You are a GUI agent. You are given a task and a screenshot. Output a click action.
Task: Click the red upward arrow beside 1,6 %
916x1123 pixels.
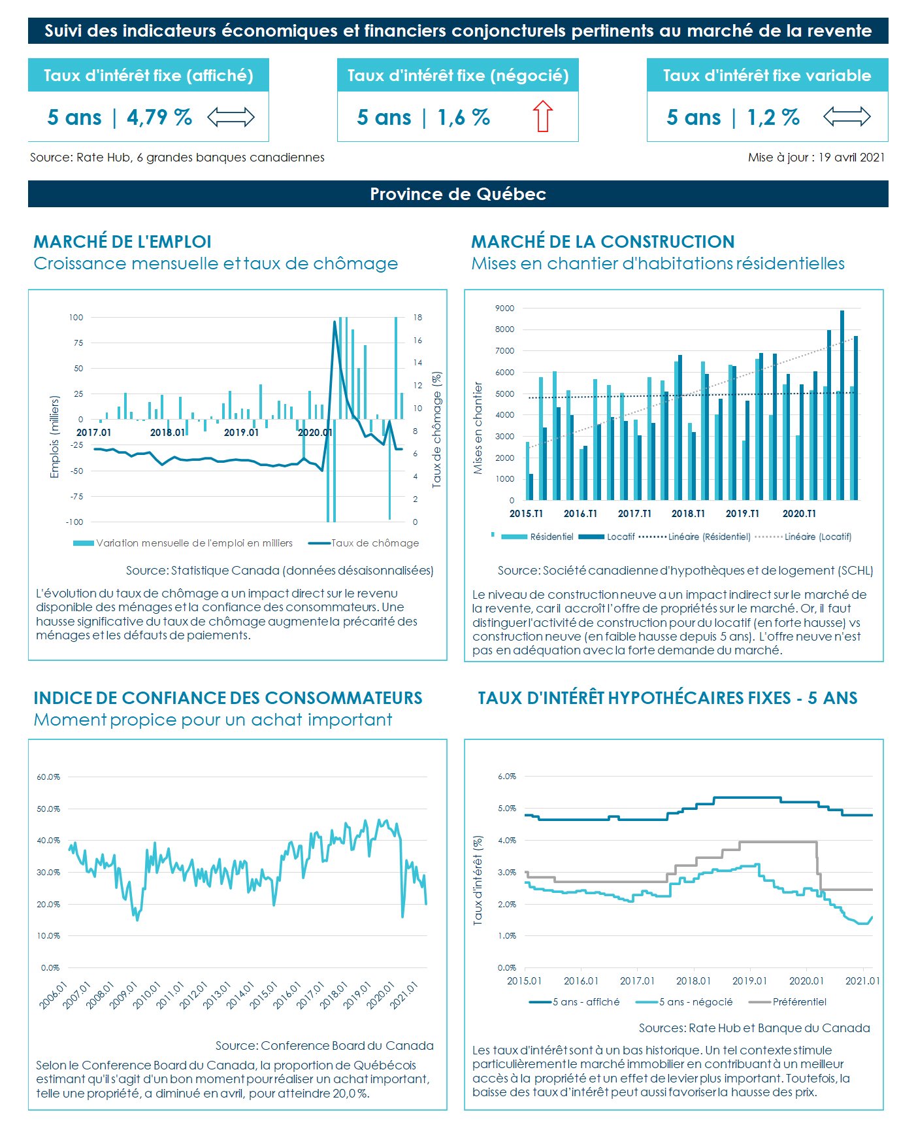click(542, 116)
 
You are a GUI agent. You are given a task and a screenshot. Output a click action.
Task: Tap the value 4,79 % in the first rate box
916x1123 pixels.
click(159, 118)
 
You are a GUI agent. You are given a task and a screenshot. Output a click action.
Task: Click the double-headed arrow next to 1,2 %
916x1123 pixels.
click(847, 117)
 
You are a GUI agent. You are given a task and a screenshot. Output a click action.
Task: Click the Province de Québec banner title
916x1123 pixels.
click(457, 194)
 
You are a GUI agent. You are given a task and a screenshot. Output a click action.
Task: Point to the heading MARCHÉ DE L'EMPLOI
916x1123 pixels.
click(122, 242)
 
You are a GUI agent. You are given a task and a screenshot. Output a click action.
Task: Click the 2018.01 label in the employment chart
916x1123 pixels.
click(167, 433)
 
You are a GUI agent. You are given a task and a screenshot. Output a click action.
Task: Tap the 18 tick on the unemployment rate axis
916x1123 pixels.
click(417, 318)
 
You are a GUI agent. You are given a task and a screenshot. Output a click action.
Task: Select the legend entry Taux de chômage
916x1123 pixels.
click(374, 543)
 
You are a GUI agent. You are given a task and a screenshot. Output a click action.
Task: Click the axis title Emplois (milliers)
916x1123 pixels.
click(55, 437)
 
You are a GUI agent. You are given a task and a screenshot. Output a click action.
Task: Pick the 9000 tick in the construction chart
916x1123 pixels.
click(505, 309)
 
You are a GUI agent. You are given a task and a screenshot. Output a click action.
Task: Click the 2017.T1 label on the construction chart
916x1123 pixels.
click(634, 514)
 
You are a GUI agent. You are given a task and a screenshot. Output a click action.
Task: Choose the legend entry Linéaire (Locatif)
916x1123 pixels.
click(817, 537)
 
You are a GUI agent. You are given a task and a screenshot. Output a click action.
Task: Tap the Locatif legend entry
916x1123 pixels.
click(620, 537)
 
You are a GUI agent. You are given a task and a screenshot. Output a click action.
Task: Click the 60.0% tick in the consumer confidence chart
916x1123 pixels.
click(48, 777)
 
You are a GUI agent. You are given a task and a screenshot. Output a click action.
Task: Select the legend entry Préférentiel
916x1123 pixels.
click(799, 1002)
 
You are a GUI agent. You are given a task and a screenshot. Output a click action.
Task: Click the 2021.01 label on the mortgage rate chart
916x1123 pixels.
click(862, 981)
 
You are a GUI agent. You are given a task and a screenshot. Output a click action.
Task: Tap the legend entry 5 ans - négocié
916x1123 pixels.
click(695, 1002)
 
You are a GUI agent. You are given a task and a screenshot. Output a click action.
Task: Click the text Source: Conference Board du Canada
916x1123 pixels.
click(324, 1046)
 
